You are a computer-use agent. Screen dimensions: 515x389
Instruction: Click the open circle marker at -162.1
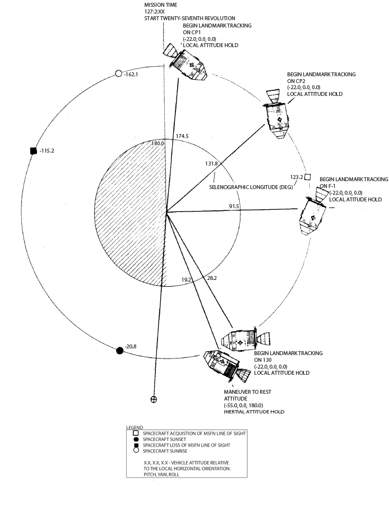118,73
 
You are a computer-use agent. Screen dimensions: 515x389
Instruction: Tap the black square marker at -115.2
34,150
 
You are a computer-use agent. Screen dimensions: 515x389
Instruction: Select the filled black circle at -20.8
119,351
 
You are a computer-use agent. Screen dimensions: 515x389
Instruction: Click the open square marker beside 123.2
308,176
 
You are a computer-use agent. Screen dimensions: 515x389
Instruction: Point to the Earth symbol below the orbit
154,399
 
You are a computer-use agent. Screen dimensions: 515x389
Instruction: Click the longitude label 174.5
182,136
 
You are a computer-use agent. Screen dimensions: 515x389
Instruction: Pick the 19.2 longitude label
187,279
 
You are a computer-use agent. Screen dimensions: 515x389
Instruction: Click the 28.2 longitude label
212,277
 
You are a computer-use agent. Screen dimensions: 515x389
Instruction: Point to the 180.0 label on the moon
159,144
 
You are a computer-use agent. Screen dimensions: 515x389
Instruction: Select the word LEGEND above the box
135,427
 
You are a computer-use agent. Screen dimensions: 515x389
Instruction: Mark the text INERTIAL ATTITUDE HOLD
253,411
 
